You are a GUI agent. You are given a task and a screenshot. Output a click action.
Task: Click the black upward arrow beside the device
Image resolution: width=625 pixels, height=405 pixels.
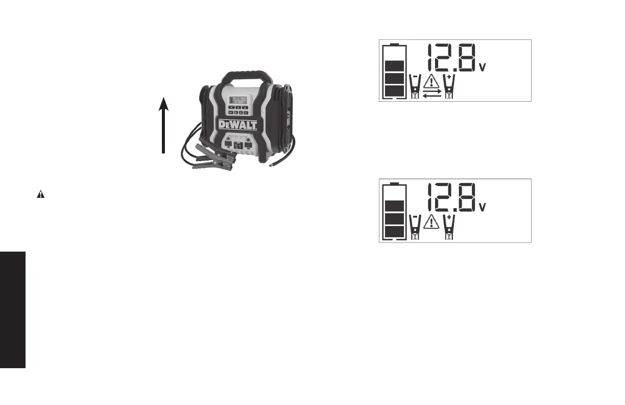coord(163,125)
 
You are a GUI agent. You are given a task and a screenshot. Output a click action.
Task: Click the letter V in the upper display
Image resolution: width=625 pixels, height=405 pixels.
coord(482,67)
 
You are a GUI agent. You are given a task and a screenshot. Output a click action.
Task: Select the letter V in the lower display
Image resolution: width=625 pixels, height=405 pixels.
coord(482,207)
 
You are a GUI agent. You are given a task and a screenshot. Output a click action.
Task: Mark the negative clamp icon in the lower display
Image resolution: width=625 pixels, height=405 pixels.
coord(415,226)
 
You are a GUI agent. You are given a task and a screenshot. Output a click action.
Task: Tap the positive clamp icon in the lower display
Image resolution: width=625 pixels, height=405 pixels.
coord(449,226)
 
